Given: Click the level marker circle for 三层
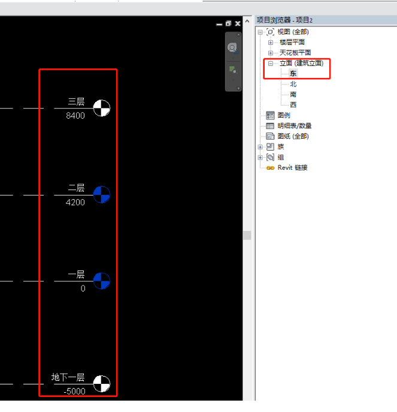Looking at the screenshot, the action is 102,108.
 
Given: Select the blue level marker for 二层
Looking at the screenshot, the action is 102,195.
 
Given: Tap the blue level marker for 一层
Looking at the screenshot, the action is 102,281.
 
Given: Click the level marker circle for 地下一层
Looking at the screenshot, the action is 102,384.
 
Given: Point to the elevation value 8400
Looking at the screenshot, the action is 75,116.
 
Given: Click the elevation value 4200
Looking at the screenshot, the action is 75,202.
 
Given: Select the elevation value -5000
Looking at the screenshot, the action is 74,391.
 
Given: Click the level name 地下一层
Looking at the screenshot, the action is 68,377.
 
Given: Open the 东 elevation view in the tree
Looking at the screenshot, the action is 293,73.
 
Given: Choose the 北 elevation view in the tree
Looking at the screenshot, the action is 293,84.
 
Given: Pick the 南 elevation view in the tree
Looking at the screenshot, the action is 293,94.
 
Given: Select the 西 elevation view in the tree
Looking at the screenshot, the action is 293,105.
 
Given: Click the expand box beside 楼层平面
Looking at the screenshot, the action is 271,43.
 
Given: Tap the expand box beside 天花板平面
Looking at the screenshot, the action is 271,53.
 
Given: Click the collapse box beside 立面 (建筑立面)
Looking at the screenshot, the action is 271,64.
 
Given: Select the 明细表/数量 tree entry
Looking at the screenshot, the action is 295,126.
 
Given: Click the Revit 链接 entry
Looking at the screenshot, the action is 292,168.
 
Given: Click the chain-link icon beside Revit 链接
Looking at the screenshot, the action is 270,168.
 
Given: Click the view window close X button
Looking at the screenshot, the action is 238,23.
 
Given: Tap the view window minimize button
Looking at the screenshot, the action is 219,25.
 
